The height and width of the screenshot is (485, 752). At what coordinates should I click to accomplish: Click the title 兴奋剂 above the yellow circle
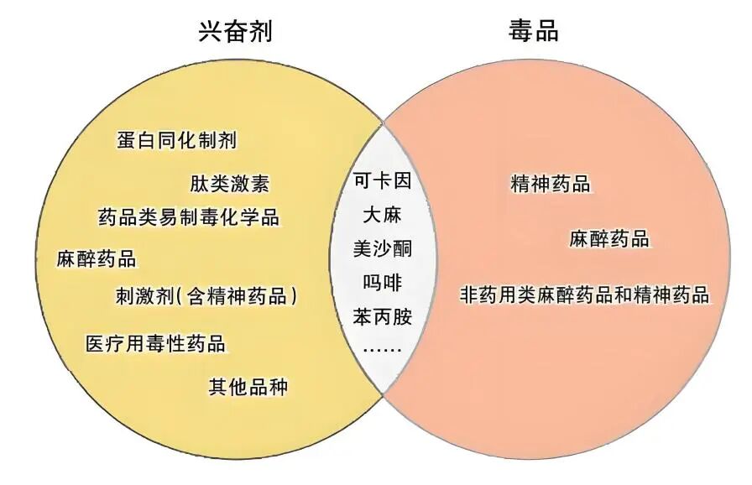point(235,32)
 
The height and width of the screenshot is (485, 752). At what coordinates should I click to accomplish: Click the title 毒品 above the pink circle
point(533,32)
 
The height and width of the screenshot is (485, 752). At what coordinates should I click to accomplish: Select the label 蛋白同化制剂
point(176,140)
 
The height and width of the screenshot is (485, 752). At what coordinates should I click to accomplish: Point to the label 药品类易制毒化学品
point(189,217)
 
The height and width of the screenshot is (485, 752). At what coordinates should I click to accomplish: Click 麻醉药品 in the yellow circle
point(97,258)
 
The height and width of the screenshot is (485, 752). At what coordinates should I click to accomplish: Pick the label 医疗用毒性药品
point(156,344)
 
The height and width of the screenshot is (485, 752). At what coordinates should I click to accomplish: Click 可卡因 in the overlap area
point(383,180)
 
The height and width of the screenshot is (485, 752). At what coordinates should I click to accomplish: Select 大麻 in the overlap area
point(383,214)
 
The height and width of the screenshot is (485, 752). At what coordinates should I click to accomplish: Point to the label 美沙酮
point(383,248)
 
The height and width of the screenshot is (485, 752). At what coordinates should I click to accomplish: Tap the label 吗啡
point(383,283)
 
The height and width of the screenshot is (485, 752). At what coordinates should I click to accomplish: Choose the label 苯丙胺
point(383,317)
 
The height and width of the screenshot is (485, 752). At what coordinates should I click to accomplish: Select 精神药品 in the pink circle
point(551,185)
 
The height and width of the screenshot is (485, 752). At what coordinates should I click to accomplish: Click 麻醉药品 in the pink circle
point(609,238)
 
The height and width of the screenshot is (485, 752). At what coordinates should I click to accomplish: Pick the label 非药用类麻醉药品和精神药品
point(585,295)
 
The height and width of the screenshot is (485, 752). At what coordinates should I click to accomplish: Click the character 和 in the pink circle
point(624,295)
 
